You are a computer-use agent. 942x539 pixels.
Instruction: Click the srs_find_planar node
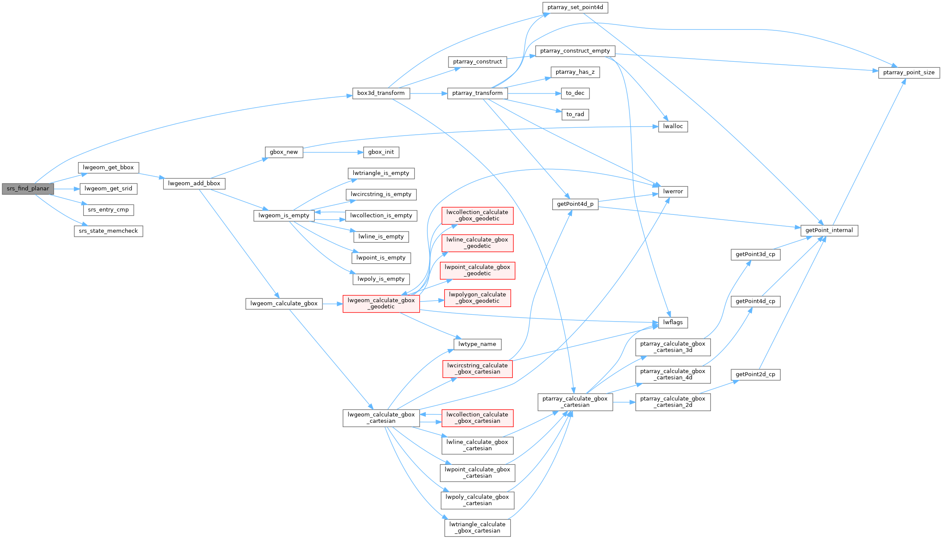click(28, 189)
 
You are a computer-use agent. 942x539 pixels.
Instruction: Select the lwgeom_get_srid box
click(108, 189)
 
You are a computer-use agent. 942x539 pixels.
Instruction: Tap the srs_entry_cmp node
click(108, 210)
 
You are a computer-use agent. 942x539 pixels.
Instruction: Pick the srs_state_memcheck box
click(108, 231)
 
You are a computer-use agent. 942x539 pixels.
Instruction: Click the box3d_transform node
click(381, 93)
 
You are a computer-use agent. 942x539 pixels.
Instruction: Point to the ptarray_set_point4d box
click(575, 7)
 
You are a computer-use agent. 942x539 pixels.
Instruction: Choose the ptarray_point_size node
click(909, 72)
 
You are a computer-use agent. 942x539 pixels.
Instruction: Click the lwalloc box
click(673, 126)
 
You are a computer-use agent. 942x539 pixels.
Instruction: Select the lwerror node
click(673, 192)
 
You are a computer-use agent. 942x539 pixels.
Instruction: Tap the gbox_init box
click(381, 152)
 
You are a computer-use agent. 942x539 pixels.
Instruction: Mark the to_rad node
click(575, 114)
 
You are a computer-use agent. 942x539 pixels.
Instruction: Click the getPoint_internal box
click(829, 230)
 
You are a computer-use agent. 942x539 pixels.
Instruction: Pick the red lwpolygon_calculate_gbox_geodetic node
click(477, 298)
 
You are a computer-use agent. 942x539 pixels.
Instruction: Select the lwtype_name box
click(477, 344)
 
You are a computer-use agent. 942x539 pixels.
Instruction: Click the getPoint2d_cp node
click(755, 374)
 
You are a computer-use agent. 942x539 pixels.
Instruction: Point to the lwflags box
click(673, 322)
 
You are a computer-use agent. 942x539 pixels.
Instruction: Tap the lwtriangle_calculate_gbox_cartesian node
click(477, 527)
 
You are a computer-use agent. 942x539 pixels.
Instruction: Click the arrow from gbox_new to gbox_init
click(333, 152)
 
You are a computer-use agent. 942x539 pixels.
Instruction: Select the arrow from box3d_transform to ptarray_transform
click(428, 93)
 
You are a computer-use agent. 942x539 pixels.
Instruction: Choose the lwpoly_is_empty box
click(381, 279)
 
